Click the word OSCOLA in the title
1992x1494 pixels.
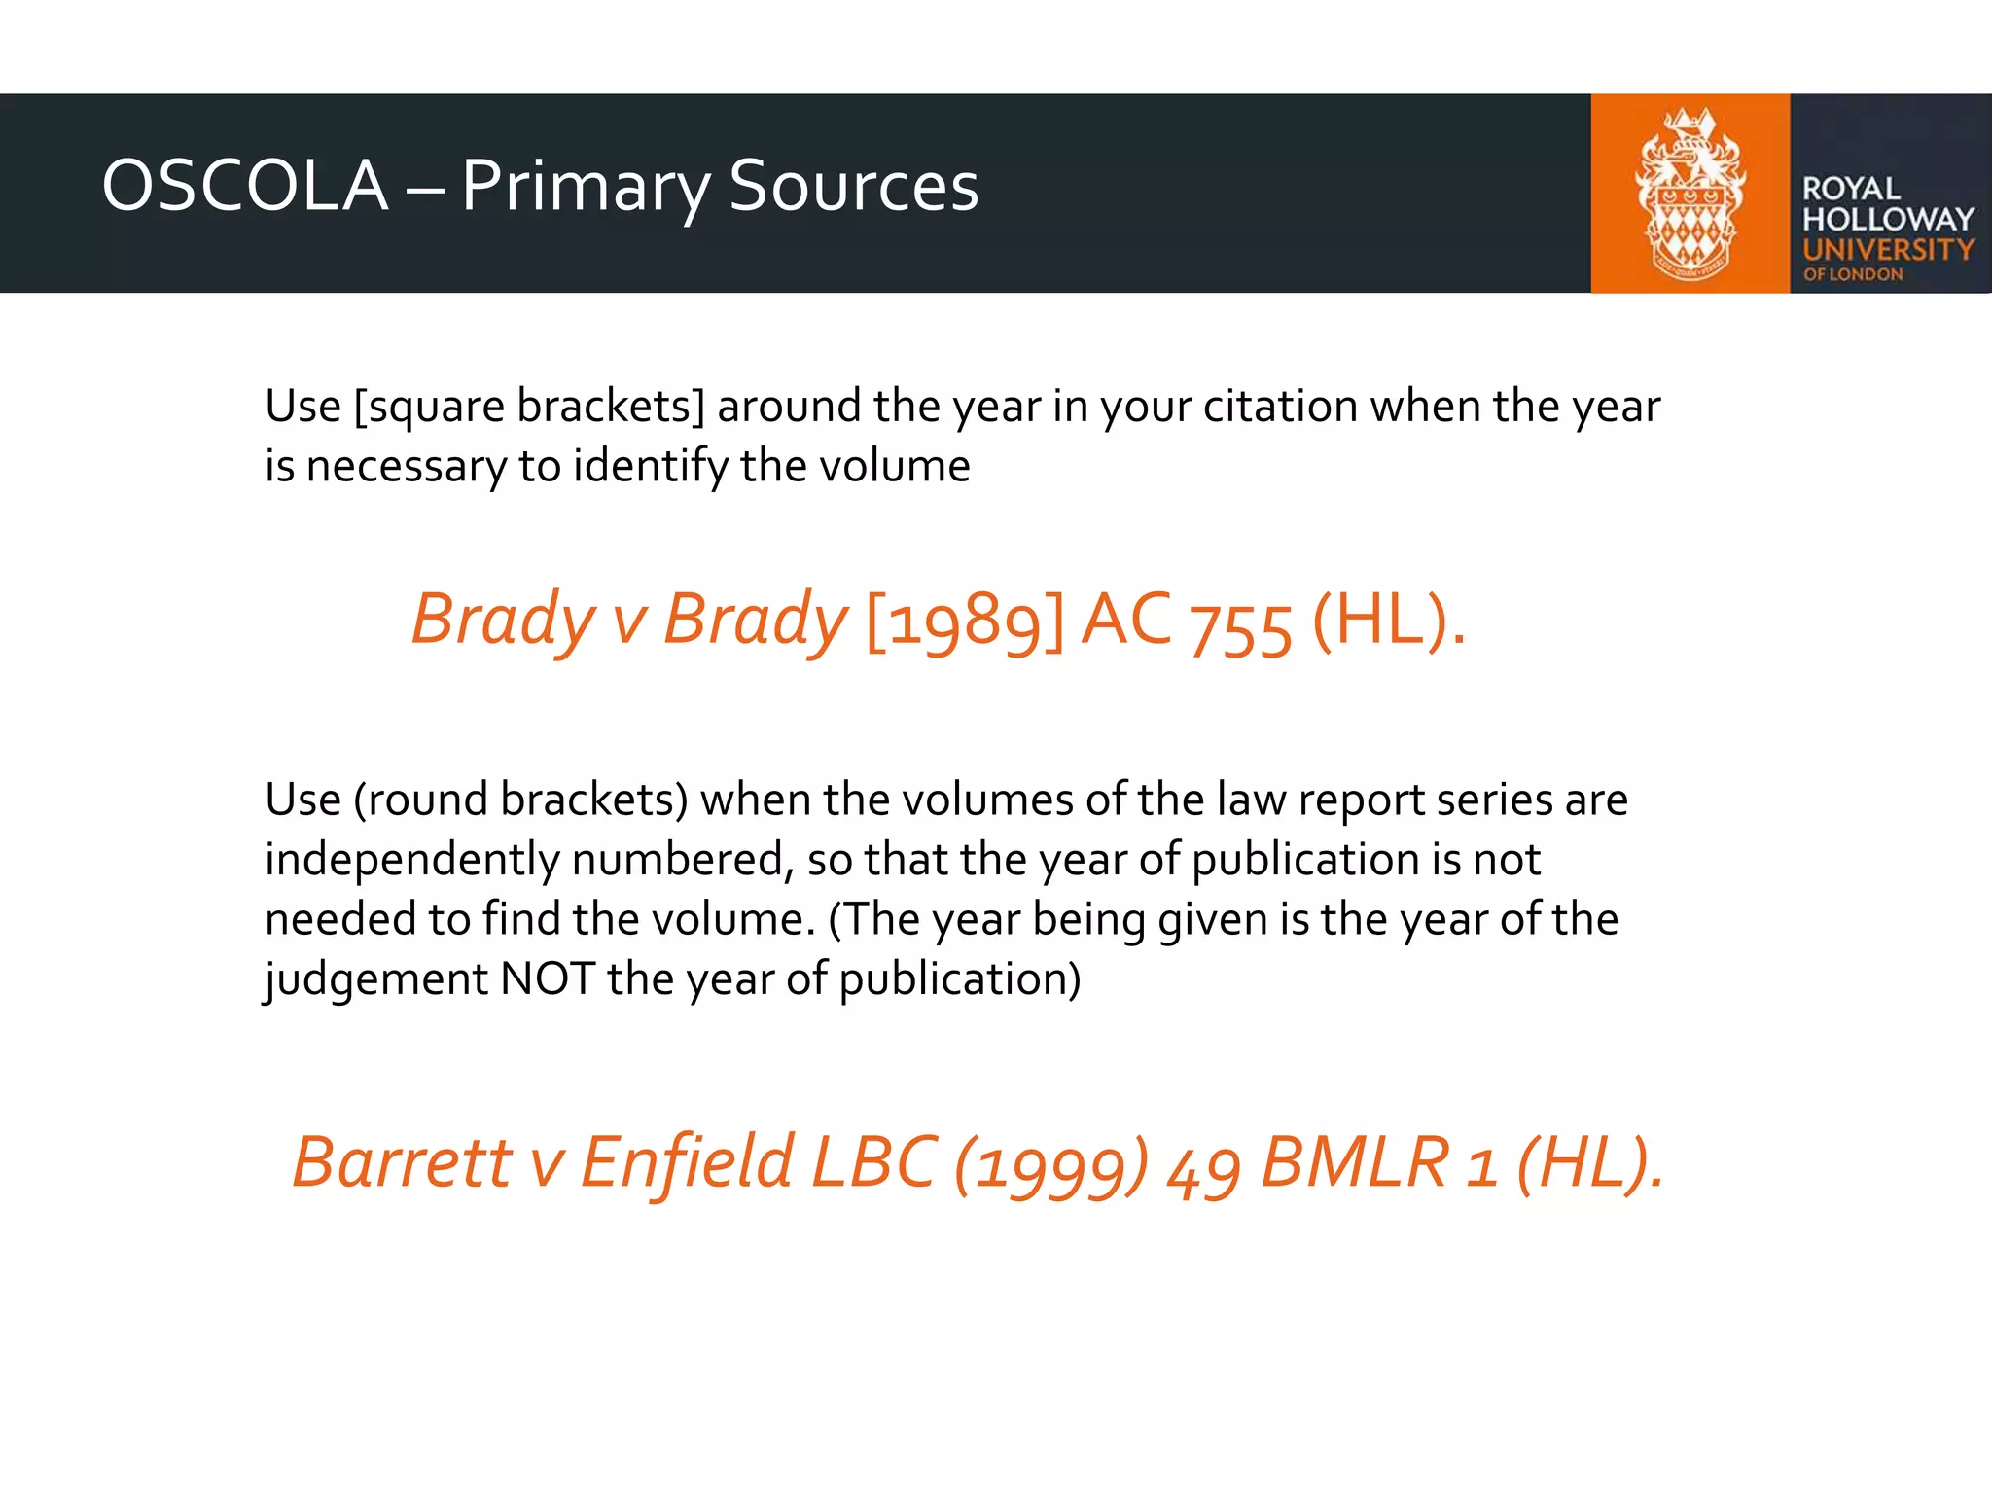pyautogui.click(x=245, y=186)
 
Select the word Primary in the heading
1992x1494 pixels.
pyautogui.click(x=585, y=188)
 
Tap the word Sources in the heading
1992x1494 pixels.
pyautogui.click(x=853, y=186)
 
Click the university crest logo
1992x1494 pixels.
pyautogui.click(x=1690, y=194)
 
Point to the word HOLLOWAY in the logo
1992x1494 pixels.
pyautogui.click(x=1887, y=219)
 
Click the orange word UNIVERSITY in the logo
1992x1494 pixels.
pyautogui.click(x=1887, y=250)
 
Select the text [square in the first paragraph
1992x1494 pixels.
pyautogui.click(x=429, y=407)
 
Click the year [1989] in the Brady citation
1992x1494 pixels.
pyautogui.click(x=964, y=622)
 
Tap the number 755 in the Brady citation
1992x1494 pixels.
pyautogui.click(x=1241, y=627)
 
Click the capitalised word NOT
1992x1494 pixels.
pyautogui.click(x=547, y=979)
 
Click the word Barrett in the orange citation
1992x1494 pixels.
pyautogui.click(x=402, y=1162)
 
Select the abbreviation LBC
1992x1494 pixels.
pyautogui.click(x=873, y=1162)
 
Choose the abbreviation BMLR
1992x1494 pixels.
pyautogui.click(x=1355, y=1162)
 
